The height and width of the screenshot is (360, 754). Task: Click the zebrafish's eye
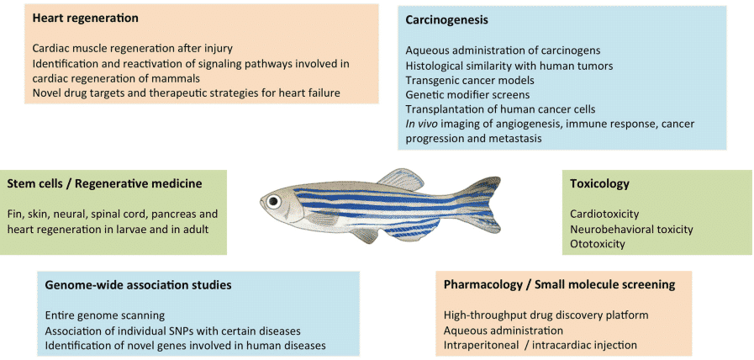(x=275, y=200)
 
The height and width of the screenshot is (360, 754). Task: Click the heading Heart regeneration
(x=86, y=19)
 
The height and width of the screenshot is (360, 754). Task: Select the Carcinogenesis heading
(x=446, y=20)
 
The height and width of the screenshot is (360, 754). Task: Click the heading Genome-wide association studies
(x=139, y=285)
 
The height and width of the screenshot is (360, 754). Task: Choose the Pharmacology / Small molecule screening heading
(x=559, y=285)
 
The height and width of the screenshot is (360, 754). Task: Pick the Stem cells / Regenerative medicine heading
(x=105, y=183)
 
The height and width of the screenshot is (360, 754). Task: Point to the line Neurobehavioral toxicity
(x=631, y=229)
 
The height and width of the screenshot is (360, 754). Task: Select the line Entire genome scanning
(x=105, y=315)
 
